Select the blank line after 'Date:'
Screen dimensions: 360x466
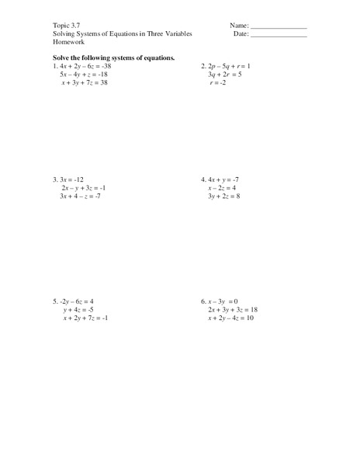pos(279,36)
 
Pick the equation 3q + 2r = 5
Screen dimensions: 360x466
pos(226,74)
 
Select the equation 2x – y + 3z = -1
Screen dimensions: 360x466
pos(83,188)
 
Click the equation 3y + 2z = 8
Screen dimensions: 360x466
pos(227,196)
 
